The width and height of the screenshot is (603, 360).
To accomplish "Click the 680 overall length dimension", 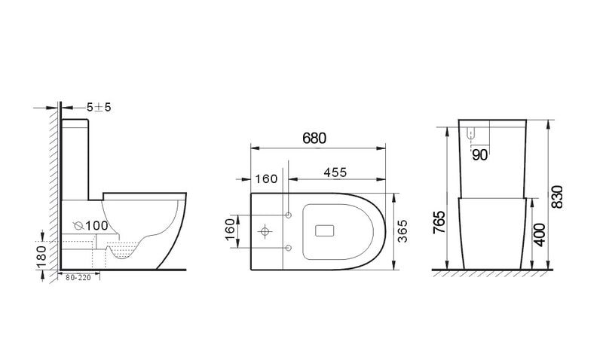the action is (x=314, y=139).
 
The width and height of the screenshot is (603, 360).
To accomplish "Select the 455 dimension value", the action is (x=335, y=172).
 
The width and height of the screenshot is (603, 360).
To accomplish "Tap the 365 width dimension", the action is (x=403, y=231).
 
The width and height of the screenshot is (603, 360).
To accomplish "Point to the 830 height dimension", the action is (x=557, y=197).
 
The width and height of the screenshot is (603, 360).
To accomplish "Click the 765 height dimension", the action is (x=439, y=222).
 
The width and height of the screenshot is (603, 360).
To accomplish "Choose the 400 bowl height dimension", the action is (x=540, y=235).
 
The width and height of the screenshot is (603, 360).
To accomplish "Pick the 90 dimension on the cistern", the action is (x=479, y=155).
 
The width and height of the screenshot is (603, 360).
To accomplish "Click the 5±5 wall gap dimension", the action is (x=99, y=107).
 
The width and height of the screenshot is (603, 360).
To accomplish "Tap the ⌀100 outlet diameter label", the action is (x=90, y=225).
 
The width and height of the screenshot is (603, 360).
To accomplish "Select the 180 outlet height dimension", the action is (x=41, y=256).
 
